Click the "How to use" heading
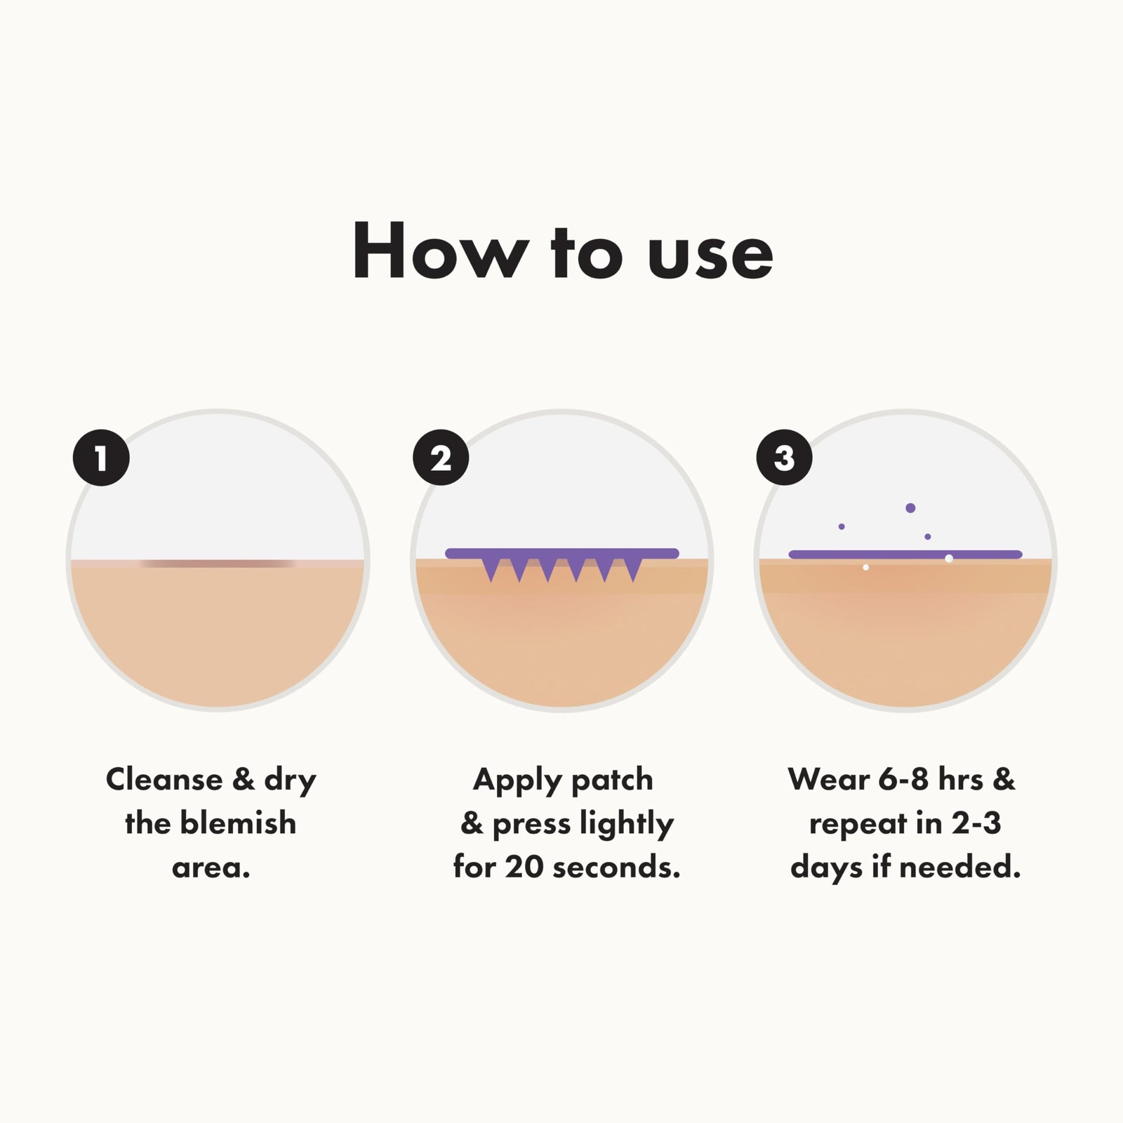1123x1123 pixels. (562, 251)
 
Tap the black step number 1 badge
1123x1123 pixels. (101, 458)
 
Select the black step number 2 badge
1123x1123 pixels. (441, 458)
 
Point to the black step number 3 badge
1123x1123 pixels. (784, 458)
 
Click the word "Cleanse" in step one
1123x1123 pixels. (164, 780)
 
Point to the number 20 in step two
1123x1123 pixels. (524, 868)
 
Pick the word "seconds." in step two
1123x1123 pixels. (616, 868)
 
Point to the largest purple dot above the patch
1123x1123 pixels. (910, 507)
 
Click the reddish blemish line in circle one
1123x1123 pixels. (218, 564)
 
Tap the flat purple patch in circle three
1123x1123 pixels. (905, 554)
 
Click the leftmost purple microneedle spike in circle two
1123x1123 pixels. (491, 569)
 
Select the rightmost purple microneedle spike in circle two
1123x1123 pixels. (633, 569)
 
